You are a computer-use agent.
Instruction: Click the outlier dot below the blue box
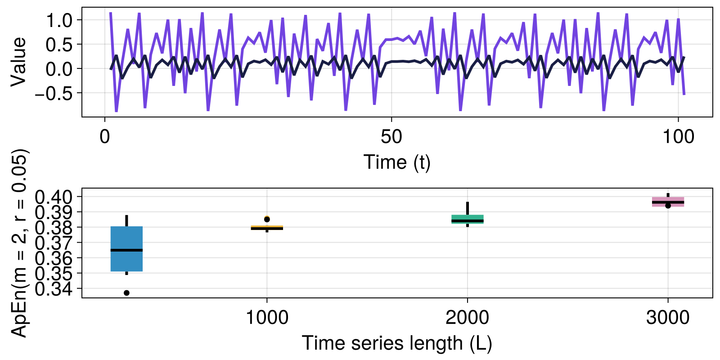126,293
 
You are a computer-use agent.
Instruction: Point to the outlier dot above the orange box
267,219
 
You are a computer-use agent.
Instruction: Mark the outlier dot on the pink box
668,206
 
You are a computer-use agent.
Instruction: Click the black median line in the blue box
126,250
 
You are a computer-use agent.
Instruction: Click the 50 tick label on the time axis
391,137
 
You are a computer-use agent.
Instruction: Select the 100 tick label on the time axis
678,137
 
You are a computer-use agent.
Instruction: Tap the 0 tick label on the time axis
105,137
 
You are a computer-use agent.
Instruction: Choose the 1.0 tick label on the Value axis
59,20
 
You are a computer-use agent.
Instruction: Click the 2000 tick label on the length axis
468,318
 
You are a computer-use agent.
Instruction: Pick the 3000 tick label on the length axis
668,318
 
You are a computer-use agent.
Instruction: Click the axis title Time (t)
397,162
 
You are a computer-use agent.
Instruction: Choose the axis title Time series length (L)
397,343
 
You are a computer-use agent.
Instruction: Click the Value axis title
19,62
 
